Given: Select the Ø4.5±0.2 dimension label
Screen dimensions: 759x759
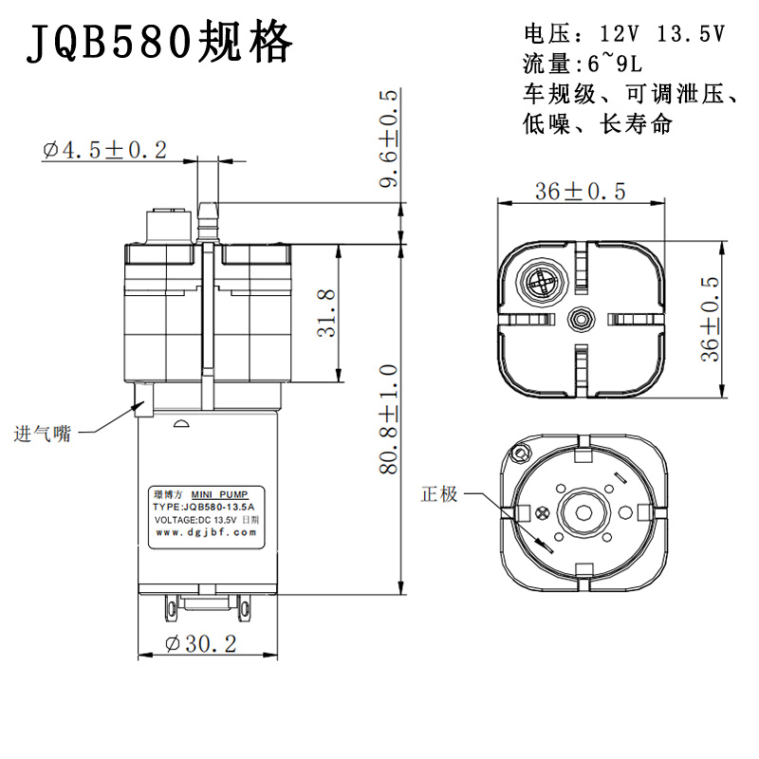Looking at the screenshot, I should (104, 150).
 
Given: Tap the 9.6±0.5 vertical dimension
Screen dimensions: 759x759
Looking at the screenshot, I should (390, 139).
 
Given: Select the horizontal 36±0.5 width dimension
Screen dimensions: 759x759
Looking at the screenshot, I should (580, 191).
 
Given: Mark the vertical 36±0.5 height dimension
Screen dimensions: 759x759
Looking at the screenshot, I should (710, 318).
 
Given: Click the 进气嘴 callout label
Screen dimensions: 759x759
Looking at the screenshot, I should (43, 435).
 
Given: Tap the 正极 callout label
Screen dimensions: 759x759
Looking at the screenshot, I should (440, 494).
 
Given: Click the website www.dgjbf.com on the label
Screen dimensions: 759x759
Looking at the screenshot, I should (206, 533).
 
